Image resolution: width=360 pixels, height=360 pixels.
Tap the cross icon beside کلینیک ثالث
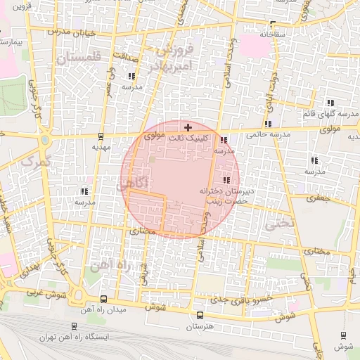pyautogui.click(x=187, y=127)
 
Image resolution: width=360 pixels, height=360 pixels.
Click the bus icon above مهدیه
pyautogui.click(x=102, y=137)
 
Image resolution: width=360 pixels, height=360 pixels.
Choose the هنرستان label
pyautogui.click(x=200, y=327)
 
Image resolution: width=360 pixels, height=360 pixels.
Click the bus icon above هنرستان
pyautogui.click(x=200, y=316)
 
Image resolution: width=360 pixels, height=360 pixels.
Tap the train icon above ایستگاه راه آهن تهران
pyautogui.click(x=74, y=326)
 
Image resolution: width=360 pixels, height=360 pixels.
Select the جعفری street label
pyautogui.click(x=318, y=198)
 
